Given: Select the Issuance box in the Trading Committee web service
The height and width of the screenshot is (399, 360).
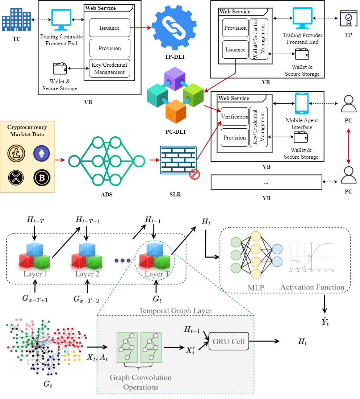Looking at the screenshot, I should click(109, 28).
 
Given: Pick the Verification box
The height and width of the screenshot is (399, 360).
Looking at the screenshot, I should click(235, 117).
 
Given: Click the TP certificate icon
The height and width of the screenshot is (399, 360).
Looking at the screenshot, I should click(348, 19).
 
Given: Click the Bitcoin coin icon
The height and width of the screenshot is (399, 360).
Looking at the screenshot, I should click(42, 178).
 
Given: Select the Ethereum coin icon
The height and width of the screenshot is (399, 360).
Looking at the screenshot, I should click(42, 153).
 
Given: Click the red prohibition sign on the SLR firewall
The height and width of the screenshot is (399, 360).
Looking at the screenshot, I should click(195, 175).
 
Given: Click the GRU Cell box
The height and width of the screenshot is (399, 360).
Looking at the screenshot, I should click(229, 341).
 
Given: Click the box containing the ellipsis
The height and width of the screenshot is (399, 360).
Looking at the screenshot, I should click(266, 182).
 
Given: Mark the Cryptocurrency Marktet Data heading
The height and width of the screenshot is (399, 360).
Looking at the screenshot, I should click(27, 131).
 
